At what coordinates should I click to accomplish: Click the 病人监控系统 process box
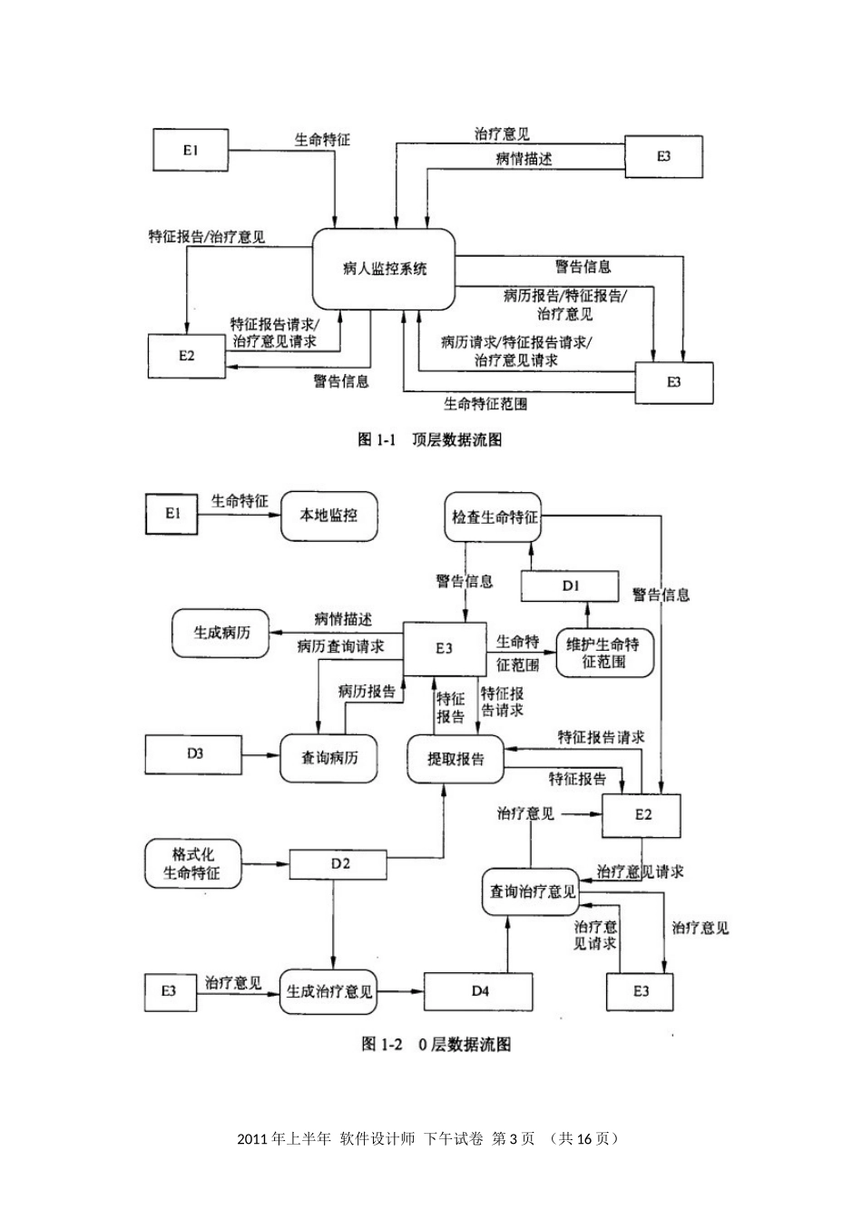[x=384, y=270]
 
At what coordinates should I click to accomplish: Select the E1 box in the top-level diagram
[x=190, y=151]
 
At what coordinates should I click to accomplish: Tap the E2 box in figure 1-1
[x=186, y=356]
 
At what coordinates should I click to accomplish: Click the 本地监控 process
[x=328, y=516]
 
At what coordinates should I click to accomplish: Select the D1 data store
[x=570, y=586]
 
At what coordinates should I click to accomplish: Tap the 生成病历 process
[x=220, y=633]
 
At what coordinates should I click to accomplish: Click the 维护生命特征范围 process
[x=602, y=654]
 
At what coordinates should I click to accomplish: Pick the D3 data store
[x=194, y=753]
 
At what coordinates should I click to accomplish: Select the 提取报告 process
[x=455, y=759]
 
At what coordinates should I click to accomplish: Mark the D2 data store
[x=339, y=863]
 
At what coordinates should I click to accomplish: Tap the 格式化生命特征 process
[x=191, y=864]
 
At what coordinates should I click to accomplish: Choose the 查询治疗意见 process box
[x=532, y=892]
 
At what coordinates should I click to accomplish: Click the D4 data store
[x=480, y=991]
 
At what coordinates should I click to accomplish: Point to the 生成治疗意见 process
[x=328, y=992]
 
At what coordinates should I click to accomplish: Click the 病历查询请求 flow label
[x=340, y=647]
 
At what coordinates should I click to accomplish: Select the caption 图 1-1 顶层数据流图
[x=430, y=440]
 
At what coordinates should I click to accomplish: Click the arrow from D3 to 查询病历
[x=260, y=754]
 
